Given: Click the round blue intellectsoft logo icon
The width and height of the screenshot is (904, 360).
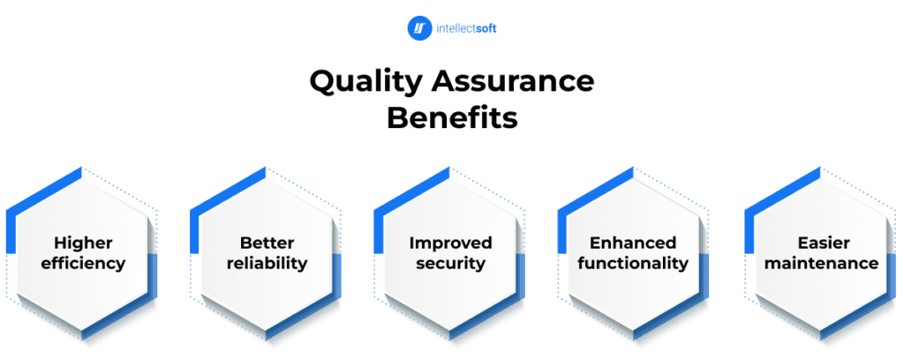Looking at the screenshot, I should pyautogui.click(x=420, y=28).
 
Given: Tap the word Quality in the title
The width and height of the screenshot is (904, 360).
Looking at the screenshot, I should pyautogui.click(x=365, y=82).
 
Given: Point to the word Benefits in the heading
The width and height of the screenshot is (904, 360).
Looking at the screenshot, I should pyautogui.click(x=452, y=117).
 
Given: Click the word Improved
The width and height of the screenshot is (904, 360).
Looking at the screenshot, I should pyautogui.click(x=450, y=243).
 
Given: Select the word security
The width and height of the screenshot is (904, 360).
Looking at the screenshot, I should pyautogui.click(x=450, y=263).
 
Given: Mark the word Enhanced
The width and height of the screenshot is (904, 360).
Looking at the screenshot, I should pyautogui.click(x=633, y=243).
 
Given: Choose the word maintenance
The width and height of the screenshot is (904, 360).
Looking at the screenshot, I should pyautogui.click(x=822, y=263).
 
